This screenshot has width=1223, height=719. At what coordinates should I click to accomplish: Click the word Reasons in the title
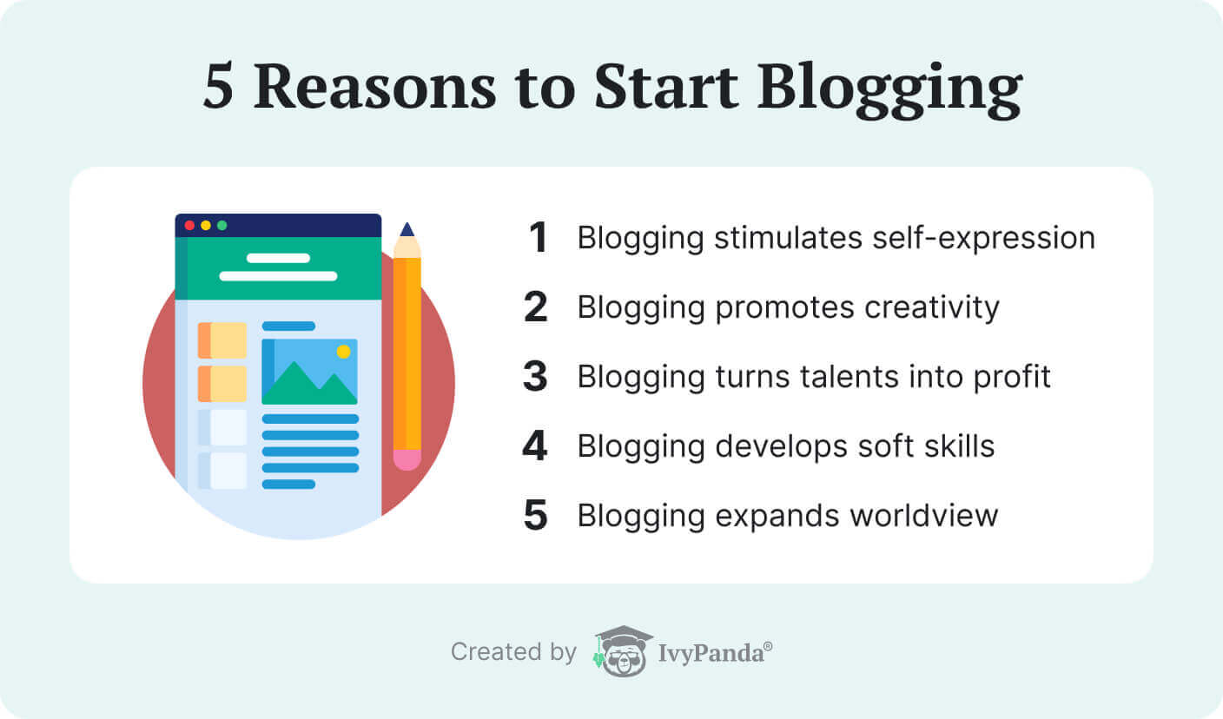pos(375,87)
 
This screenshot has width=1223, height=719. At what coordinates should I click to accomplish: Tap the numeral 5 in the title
pos(218,86)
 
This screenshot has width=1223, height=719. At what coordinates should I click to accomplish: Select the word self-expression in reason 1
pos(984,239)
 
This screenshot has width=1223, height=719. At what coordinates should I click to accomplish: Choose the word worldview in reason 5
pos(924,516)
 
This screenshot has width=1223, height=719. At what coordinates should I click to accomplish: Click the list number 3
pos(535,376)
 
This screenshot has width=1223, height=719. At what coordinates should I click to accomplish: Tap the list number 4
pos(534,445)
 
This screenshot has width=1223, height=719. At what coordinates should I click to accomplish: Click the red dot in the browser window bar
pos(189,226)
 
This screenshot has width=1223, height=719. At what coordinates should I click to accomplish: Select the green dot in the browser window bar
pos(222,226)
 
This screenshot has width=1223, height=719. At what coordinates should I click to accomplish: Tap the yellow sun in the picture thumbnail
pos(343,352)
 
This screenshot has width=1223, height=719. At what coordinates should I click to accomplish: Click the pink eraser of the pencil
pos(407,459)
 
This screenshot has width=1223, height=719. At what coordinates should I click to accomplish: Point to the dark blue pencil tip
pos(407,229)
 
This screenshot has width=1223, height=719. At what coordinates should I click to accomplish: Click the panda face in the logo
pos(625,659)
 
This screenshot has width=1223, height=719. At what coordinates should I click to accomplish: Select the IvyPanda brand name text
pos(711,653)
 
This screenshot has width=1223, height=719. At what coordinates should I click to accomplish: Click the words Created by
pos(513,652)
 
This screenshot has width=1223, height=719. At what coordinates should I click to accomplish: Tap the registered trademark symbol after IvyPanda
pos(768,646)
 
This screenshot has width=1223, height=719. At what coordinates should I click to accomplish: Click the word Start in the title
pos(666,87)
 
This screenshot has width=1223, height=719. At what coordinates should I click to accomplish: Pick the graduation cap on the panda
pos(624,636)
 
